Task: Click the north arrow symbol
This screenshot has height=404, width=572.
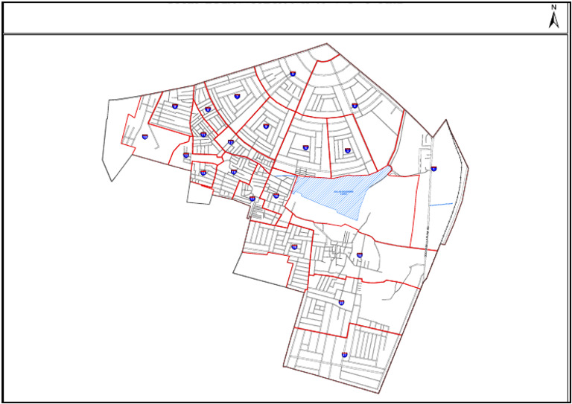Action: pyautogui.click(x=553, y=17)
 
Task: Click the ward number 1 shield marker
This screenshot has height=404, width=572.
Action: pyautogui.click(x=433, y=169)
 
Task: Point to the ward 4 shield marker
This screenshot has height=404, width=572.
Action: pyautogui.click(x=305, y=147)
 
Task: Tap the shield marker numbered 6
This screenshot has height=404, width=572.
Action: pyautogui.click(x=266, y=126)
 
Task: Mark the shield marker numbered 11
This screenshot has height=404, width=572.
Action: pyautogui.click(x=144, y=136)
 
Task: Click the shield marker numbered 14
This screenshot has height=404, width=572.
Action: pyautogui.click(x=231, y=142)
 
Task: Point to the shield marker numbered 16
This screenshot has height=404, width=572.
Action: pyautogui.click(x=203, y=173)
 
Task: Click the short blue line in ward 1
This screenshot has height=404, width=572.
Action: pyautogui.click(x=441, y=203)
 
